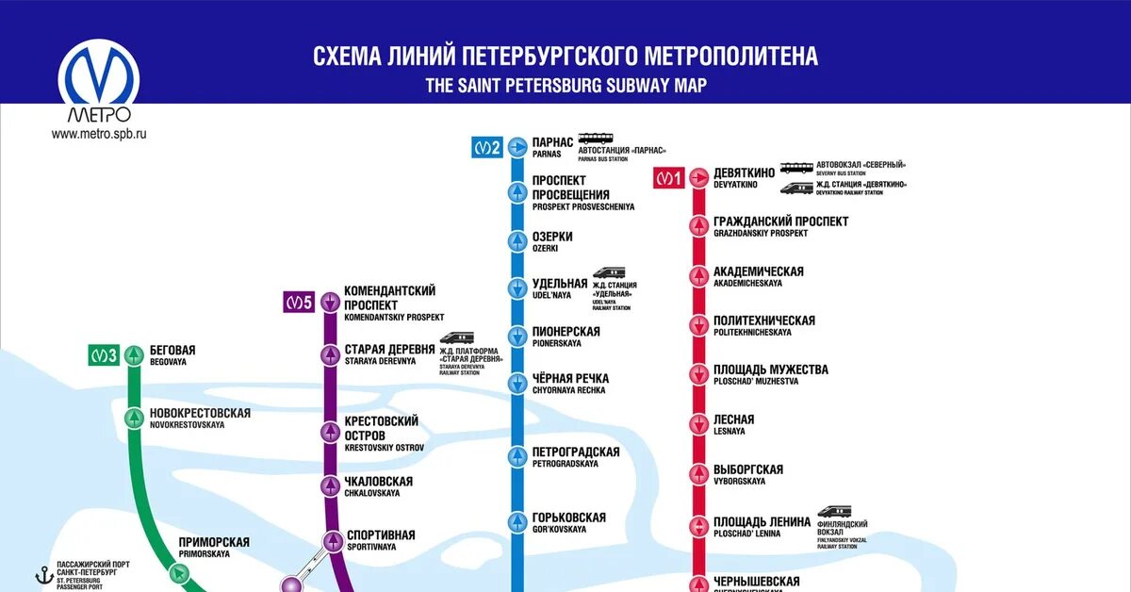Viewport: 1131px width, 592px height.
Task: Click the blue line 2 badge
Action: pyautogui.click(x=486, y=147)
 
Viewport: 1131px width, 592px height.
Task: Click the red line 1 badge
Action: pyautogui.click(x=668, y=177)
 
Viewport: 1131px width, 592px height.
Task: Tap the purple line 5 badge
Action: pyautogui.click(x=298, y=303)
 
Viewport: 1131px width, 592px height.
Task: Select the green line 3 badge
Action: pyautogui.click(x=104, y=356)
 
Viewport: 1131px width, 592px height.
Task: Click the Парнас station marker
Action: pyautogui.click(x=517, y=147)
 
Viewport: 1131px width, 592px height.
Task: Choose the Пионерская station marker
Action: pyautogui.click(x=517, y=337)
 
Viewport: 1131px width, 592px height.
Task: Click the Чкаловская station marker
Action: pyautogui.click(x=330, y=485)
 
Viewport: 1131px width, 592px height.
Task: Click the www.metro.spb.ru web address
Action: pyautogui.click(x=99, y=134)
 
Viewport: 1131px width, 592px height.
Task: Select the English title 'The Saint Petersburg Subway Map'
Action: pyautogui.click(x=565, y=85)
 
